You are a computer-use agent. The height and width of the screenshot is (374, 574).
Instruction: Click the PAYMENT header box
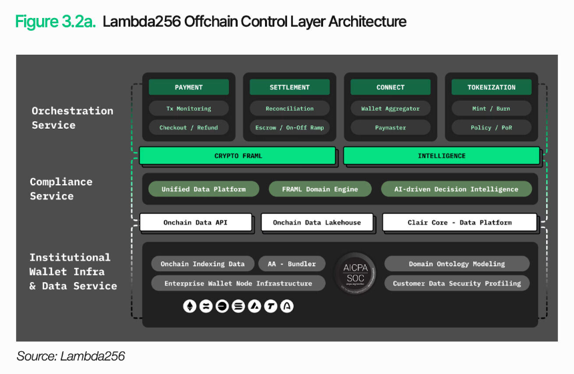189,87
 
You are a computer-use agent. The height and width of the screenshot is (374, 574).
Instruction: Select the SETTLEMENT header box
290,87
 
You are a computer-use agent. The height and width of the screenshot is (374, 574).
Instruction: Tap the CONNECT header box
390,87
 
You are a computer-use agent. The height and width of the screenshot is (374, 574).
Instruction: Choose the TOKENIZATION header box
491,87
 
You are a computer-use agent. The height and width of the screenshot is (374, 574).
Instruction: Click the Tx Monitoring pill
189,109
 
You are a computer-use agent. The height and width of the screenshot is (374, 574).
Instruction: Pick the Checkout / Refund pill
189,127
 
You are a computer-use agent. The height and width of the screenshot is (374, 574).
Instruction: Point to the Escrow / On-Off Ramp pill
290,127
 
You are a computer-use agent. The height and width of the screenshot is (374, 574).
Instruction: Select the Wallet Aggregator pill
390,109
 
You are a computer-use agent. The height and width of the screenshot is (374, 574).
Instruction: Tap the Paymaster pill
390,127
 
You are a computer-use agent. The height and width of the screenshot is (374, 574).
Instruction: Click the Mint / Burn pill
491,109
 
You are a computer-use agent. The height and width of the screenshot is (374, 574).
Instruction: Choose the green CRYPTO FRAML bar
238,156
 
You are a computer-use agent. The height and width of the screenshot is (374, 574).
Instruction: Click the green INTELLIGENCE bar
441,156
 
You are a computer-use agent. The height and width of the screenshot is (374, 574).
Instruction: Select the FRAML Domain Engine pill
320,189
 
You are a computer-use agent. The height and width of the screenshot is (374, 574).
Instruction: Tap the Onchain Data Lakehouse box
316,223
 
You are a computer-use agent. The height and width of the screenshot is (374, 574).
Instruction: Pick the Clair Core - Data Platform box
459,223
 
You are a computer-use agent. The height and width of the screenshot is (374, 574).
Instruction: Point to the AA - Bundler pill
292,264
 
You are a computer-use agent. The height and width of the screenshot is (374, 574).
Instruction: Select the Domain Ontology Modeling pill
457,264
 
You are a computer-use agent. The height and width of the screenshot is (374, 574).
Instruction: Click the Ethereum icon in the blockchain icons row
189,307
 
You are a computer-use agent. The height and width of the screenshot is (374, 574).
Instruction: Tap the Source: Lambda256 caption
71,357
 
